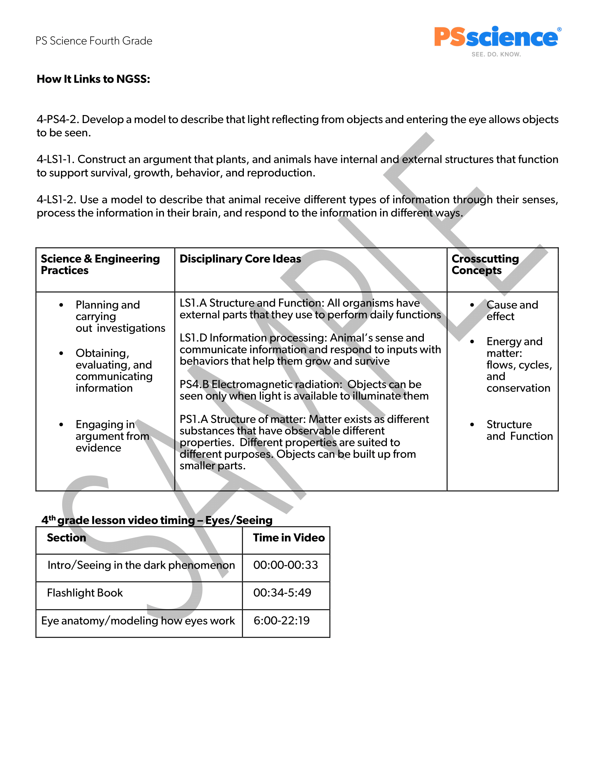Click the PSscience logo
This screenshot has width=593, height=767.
pos(496,37)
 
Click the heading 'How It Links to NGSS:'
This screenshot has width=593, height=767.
pos(93,79)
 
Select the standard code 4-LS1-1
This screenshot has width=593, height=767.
pos(55,159)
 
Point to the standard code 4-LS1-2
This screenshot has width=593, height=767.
pos(56,200)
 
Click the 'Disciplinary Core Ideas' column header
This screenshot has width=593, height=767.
pos(240,259)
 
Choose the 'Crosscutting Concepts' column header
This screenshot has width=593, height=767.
pos(485,265)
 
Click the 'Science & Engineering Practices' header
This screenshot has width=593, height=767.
pos(100,265)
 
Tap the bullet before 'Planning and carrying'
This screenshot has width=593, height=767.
pos(61,305)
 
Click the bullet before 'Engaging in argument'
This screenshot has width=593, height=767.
pos(61,425)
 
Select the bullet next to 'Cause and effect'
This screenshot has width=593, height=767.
pos(472,305)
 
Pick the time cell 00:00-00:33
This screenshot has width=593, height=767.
pos(286,565)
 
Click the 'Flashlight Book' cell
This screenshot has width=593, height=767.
pos(85,593)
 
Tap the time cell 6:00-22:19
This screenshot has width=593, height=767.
pos(282,621)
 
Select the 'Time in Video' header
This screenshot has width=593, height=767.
pos(289,538)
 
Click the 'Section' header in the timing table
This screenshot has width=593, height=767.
pos(66,538)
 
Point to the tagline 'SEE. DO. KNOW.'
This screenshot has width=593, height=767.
pos(496,54)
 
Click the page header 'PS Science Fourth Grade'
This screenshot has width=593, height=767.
pos(94,41)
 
